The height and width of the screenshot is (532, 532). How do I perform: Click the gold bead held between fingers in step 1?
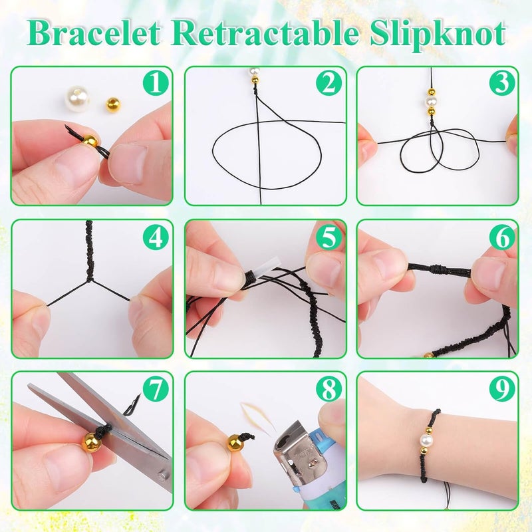[x=90, y=141]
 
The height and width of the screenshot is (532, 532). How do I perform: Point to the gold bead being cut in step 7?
[x=91, y=442]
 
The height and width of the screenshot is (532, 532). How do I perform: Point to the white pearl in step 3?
[x=430, y=102]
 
